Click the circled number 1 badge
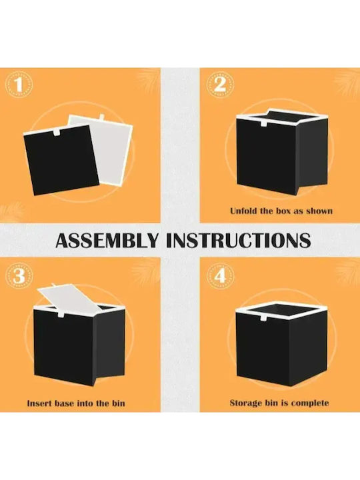(x=19, y=85)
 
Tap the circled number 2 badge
(x=220, y=85)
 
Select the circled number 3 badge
(x=19, y=276)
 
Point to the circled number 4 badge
(x=220, y=276)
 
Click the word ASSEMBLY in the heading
(x=107, y=241)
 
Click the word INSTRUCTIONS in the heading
(x=239, y=241)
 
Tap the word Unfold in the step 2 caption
(x=243, y=211)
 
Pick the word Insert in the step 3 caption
(x=39, y=403)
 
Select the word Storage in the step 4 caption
(x=245, y=403)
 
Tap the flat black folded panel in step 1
(x=61, y=160)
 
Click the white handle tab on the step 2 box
(x=264, y=123)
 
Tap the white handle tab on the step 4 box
(x=263, y=317)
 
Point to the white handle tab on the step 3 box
(x=61, y=315)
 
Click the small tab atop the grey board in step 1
(x=102, y=117)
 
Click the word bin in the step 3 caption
(x=118, y=403)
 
